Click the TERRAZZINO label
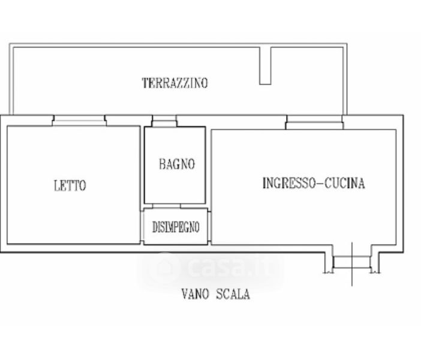point(175,83)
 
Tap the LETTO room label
point(70,185)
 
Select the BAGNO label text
point(177,164)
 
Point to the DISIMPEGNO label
point(176,227)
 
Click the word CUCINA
point(344,183)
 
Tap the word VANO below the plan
point(195,294)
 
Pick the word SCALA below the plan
point(233,294)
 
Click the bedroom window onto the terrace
point(79,121)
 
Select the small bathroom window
point(164,121)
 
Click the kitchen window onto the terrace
point(314,122)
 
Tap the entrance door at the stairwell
point(351,262)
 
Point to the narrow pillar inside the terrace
point(265,66)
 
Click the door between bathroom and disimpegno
point(167,206)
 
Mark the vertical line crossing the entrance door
point(352,264)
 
